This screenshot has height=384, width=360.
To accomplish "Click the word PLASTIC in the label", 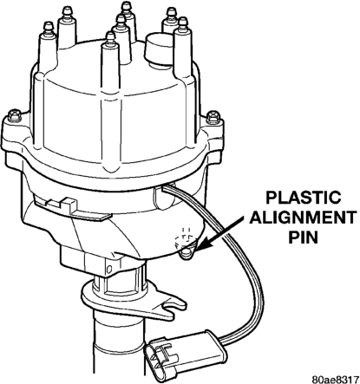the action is tap(303, 198).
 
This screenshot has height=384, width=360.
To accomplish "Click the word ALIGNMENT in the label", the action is tap(303, 218).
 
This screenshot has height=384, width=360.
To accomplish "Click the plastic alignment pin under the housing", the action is tap(187, 252).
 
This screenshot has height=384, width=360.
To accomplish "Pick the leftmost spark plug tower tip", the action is tap(48, 27).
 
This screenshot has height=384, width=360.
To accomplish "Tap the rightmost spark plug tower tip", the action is tap(183, 23).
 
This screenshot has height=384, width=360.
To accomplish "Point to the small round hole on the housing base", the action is tap(109, 270).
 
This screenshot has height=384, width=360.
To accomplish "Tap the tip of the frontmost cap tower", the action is tap(110, 36).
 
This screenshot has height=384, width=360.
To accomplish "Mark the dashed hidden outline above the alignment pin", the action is tap(185, 236).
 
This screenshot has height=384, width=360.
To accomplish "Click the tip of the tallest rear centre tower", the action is tap(127, 6).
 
